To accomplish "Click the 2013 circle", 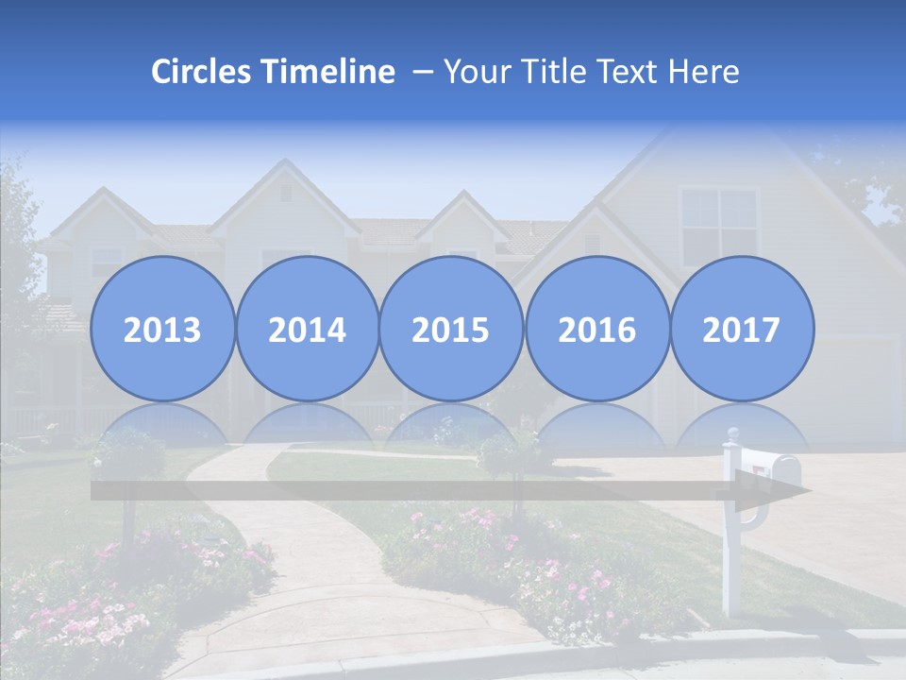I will coord(162,329).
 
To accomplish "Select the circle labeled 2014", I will coord(307,329).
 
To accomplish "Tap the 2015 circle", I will coord(451,329).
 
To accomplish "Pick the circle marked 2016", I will coord(596,329).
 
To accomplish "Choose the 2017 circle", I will coord(742,329).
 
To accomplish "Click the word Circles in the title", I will coord(201,72).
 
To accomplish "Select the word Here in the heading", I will coord(705,72).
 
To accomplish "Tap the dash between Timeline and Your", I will coord(423,72).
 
